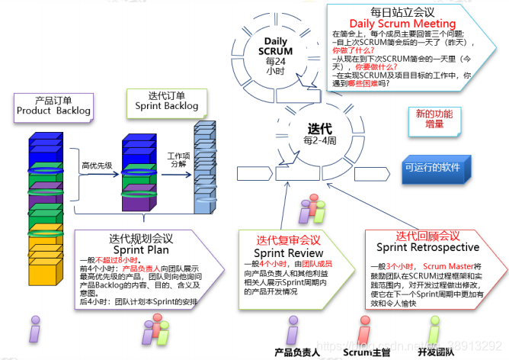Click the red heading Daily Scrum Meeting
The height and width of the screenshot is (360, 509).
coord(402,24)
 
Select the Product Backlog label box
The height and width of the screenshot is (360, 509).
coord(53,105)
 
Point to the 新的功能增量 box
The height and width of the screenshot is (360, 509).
coord(434,119)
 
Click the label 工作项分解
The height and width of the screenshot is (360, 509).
coord(178,161)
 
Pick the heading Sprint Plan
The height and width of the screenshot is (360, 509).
coord(139,249)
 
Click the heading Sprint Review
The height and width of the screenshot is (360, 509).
coord(290,252)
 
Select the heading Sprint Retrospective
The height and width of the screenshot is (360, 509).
coord(427,247)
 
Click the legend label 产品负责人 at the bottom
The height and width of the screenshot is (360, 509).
coord(296,352)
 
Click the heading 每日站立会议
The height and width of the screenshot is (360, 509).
coord(402,11)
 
